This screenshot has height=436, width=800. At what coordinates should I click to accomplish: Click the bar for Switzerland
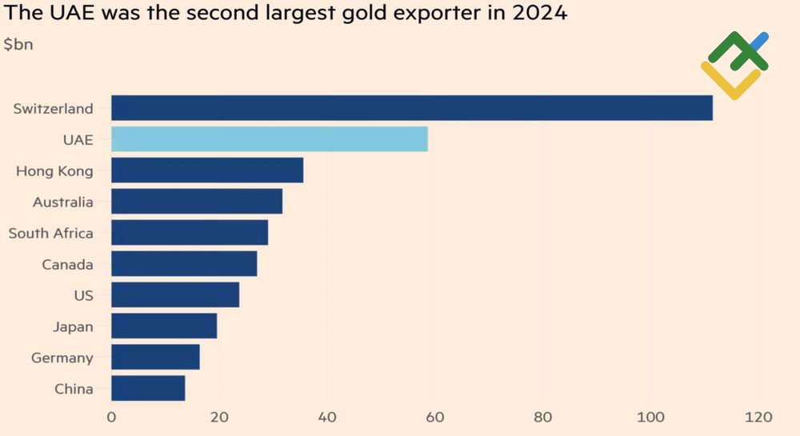(411, 108)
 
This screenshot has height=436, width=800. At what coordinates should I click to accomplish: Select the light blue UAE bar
(269, 139)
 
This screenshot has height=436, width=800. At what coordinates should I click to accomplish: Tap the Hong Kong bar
(206, 170)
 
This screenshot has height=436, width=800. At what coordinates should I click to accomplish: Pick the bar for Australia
(196, 202)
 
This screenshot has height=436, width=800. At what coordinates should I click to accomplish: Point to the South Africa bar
(189, 233)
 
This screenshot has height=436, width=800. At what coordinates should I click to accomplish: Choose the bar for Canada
(184, 264)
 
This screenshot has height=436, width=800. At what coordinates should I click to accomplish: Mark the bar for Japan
(163, 326)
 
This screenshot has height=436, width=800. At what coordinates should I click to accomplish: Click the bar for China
(148, 389)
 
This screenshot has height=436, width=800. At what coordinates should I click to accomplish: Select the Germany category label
(62, 358)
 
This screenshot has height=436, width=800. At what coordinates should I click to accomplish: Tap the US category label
(83, 295)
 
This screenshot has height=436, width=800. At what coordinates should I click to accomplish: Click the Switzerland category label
(53, 108)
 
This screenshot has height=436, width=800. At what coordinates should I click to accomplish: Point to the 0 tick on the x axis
(111, 417)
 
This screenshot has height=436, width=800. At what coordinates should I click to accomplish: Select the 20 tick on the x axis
(218, 417)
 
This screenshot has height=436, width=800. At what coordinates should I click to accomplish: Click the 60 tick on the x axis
(434, 417)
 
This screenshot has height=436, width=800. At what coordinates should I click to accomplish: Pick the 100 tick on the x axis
(650, 417)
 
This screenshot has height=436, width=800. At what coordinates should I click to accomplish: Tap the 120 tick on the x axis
(758, 417)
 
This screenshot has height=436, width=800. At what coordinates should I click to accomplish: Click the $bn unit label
(18, 45)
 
